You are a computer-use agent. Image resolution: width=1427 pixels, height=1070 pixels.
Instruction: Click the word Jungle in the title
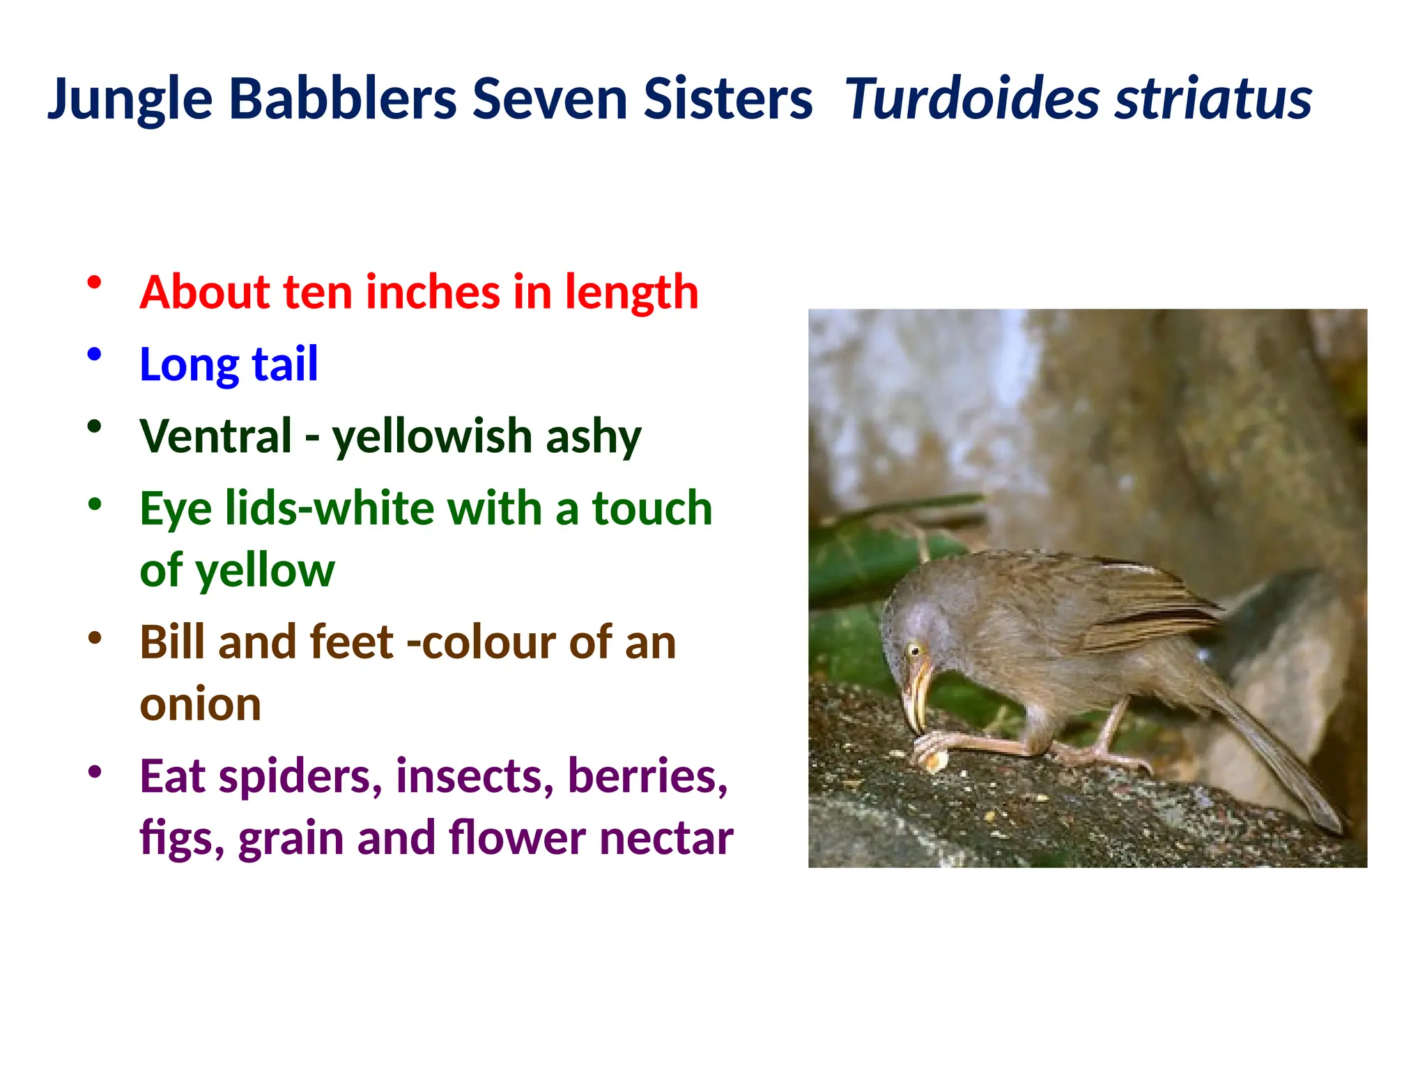[130, 100]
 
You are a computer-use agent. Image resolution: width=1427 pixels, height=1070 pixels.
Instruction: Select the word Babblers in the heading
[343, 98]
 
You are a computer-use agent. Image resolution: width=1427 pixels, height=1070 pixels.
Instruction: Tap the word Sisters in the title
[727, 98]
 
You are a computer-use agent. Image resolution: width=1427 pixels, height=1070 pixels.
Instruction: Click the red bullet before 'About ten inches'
[95, 283]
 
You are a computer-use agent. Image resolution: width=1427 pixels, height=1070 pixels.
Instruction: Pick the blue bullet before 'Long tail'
[95, 355]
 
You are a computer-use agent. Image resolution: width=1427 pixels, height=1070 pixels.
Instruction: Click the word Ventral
[215, 436]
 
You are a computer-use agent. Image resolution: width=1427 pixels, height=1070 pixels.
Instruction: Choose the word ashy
[593, 437]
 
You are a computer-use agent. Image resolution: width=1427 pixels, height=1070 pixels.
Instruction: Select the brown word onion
[201, 704]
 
